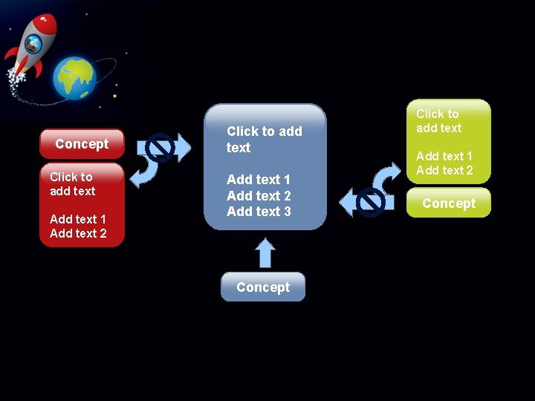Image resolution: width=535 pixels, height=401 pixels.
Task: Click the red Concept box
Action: [x=82, y=144]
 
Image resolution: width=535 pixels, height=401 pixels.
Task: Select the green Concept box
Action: [x=449, y=203]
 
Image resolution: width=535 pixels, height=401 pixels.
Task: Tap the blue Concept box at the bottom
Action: [x=263, y=287]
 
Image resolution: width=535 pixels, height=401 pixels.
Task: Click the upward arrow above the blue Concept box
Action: [x=265, y=252]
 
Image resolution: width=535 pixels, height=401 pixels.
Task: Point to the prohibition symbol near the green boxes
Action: [x=370, y=202]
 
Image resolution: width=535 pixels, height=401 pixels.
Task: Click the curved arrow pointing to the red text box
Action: [x=146, y=172]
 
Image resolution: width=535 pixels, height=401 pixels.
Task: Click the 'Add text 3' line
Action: [x=259, y=212]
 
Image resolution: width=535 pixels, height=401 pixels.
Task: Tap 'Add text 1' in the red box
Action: [x=78, y=219]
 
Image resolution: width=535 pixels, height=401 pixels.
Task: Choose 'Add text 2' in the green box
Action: [x=444, y=170]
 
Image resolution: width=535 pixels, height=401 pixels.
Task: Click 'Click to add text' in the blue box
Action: [x=264, y=140]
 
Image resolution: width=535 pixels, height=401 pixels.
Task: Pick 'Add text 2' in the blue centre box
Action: [x=259, y=196]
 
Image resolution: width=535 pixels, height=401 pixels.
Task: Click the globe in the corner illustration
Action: [x=74, y=78]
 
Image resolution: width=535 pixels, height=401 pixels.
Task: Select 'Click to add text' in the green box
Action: [x=438, y=121]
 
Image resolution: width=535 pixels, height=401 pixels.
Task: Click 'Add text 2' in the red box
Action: [x=78, y=233]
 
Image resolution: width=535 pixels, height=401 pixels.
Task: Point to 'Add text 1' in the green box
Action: [x=444, y=156]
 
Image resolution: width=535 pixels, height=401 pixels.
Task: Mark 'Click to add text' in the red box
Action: [x=72, y=184]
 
